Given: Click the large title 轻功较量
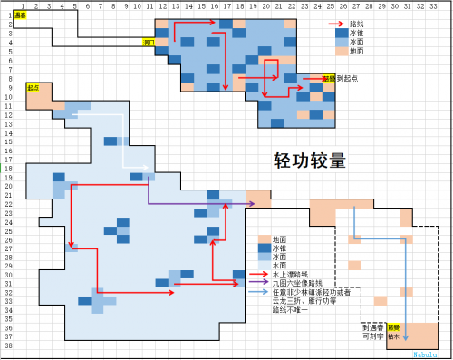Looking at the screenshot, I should (310, 161).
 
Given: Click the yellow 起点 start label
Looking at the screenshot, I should (34, 88).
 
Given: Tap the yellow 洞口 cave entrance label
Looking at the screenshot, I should (149, 42).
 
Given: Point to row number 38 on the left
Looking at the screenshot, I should (6, 345).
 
